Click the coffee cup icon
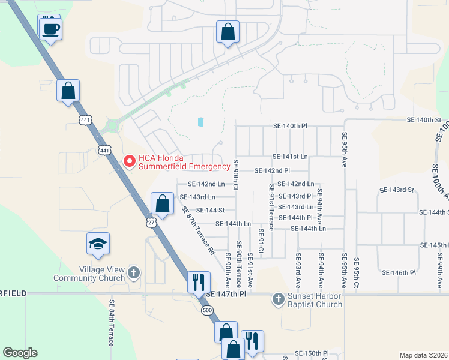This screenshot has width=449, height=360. [x=51, y=28]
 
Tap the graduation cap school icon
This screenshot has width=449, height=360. [x=98, y=244]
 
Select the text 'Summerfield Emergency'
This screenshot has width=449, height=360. [x=184, y=166]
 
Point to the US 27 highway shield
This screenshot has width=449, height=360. [x=150, y=223]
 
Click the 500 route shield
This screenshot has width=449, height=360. [x=207, y=310]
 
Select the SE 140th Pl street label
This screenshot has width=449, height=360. [x=290, y=126]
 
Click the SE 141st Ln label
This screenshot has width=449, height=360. [x=290, y=157]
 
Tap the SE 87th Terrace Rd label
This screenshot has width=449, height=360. [x=197, y=230]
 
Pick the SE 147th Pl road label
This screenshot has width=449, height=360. [x=226, y=295]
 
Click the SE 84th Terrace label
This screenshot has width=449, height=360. [x=112, y=323]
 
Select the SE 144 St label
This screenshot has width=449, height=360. [x=210, y=210]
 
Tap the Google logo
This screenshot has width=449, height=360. [x=20, y=353]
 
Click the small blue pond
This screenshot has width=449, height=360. [x=200, y=122]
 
